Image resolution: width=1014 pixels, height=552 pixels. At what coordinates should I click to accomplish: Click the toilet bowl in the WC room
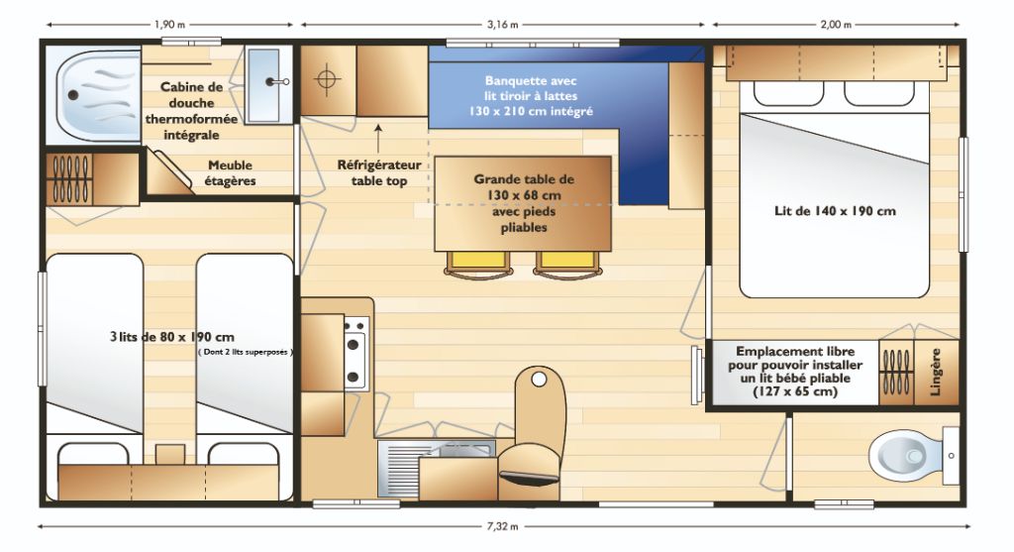[905, 456]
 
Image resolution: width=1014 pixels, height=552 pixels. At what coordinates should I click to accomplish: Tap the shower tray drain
[73, 95]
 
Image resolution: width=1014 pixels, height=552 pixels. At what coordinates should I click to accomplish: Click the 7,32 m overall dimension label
[502, 526]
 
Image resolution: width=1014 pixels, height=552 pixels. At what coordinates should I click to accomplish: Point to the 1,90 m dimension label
[169, 25]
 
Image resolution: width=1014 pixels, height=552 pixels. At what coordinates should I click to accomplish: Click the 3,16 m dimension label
[502, 25]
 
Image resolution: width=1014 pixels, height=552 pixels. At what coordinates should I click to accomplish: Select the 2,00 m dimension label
[836, 25]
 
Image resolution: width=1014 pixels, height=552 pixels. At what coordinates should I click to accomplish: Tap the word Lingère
[935, 372]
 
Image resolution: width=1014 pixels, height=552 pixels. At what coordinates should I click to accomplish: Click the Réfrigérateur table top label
[379, 172]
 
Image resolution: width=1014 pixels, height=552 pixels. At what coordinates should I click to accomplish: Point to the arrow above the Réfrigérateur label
[378, 137]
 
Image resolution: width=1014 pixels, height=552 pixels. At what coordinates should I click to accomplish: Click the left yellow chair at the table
[478, 262]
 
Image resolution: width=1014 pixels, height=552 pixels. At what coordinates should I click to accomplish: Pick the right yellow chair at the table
[567, 262]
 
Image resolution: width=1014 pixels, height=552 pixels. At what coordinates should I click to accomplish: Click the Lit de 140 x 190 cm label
[835, 211]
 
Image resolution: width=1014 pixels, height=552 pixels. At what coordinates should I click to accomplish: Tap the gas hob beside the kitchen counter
[355, 354]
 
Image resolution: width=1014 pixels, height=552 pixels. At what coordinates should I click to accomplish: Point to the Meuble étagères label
[230, 172]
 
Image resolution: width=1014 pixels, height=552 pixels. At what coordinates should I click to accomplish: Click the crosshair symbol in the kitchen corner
[327, 79]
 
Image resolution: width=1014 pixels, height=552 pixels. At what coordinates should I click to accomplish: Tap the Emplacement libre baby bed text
[795, 372]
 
